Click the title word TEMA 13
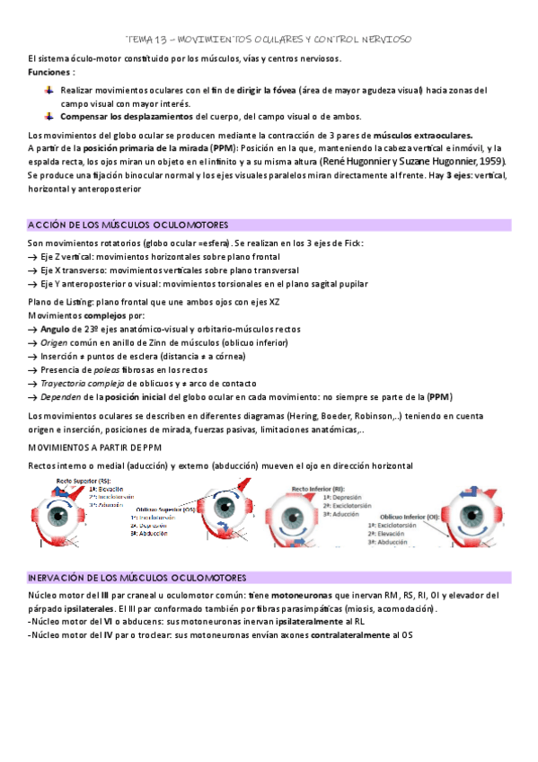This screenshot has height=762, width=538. point(145,40)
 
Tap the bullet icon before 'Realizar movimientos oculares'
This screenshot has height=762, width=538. point(50,91)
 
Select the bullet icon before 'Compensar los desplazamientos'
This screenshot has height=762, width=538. point(50,116)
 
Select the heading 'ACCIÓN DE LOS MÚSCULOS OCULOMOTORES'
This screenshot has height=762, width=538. point(128,225)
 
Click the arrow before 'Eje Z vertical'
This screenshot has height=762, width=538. point(32,257)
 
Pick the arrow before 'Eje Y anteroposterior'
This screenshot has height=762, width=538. point(32,284)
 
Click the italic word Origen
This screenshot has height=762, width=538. point(57,343)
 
